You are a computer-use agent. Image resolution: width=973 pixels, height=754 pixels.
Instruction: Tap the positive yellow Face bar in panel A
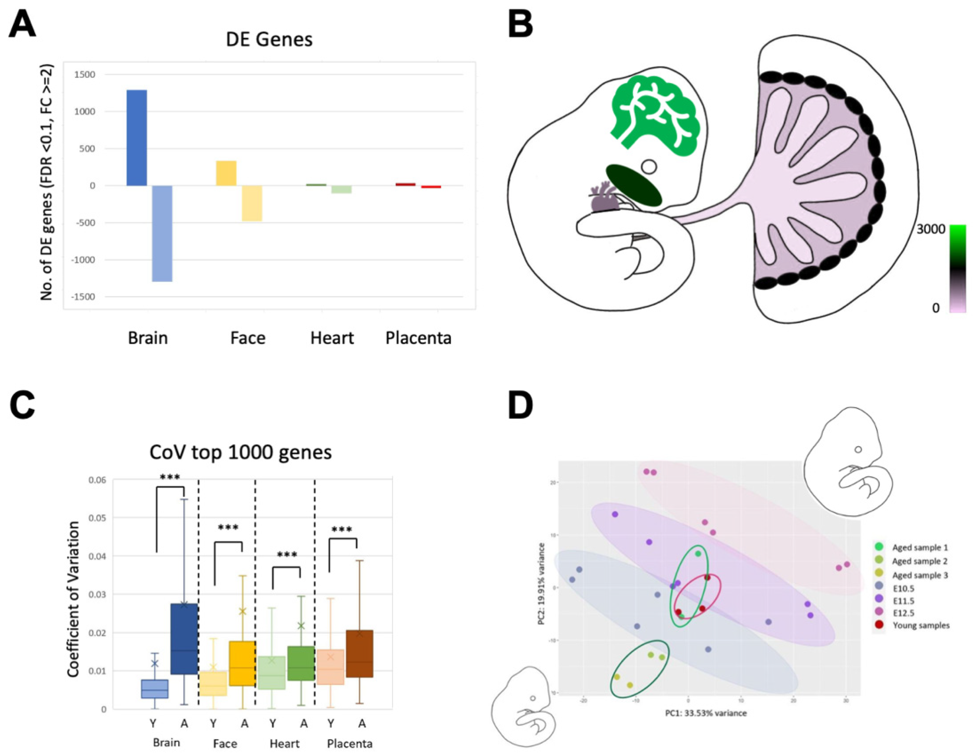click(x=226, y=173)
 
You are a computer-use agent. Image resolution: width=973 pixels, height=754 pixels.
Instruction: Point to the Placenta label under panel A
click(x=418, y=338)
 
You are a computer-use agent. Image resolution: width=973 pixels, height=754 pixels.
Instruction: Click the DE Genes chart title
click(x=269, y=39)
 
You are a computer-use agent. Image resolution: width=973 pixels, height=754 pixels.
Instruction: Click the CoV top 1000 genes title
click(x=241, y=452)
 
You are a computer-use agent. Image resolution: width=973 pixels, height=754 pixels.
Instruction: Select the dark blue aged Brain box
click(x=184, y=638)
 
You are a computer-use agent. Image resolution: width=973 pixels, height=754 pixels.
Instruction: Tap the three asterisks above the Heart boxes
click(x=287, y=555)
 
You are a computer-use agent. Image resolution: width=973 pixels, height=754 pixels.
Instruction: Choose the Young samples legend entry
click(x=920, y=625)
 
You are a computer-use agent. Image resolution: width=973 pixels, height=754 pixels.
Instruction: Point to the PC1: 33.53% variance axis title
click(x=706, y=713)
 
